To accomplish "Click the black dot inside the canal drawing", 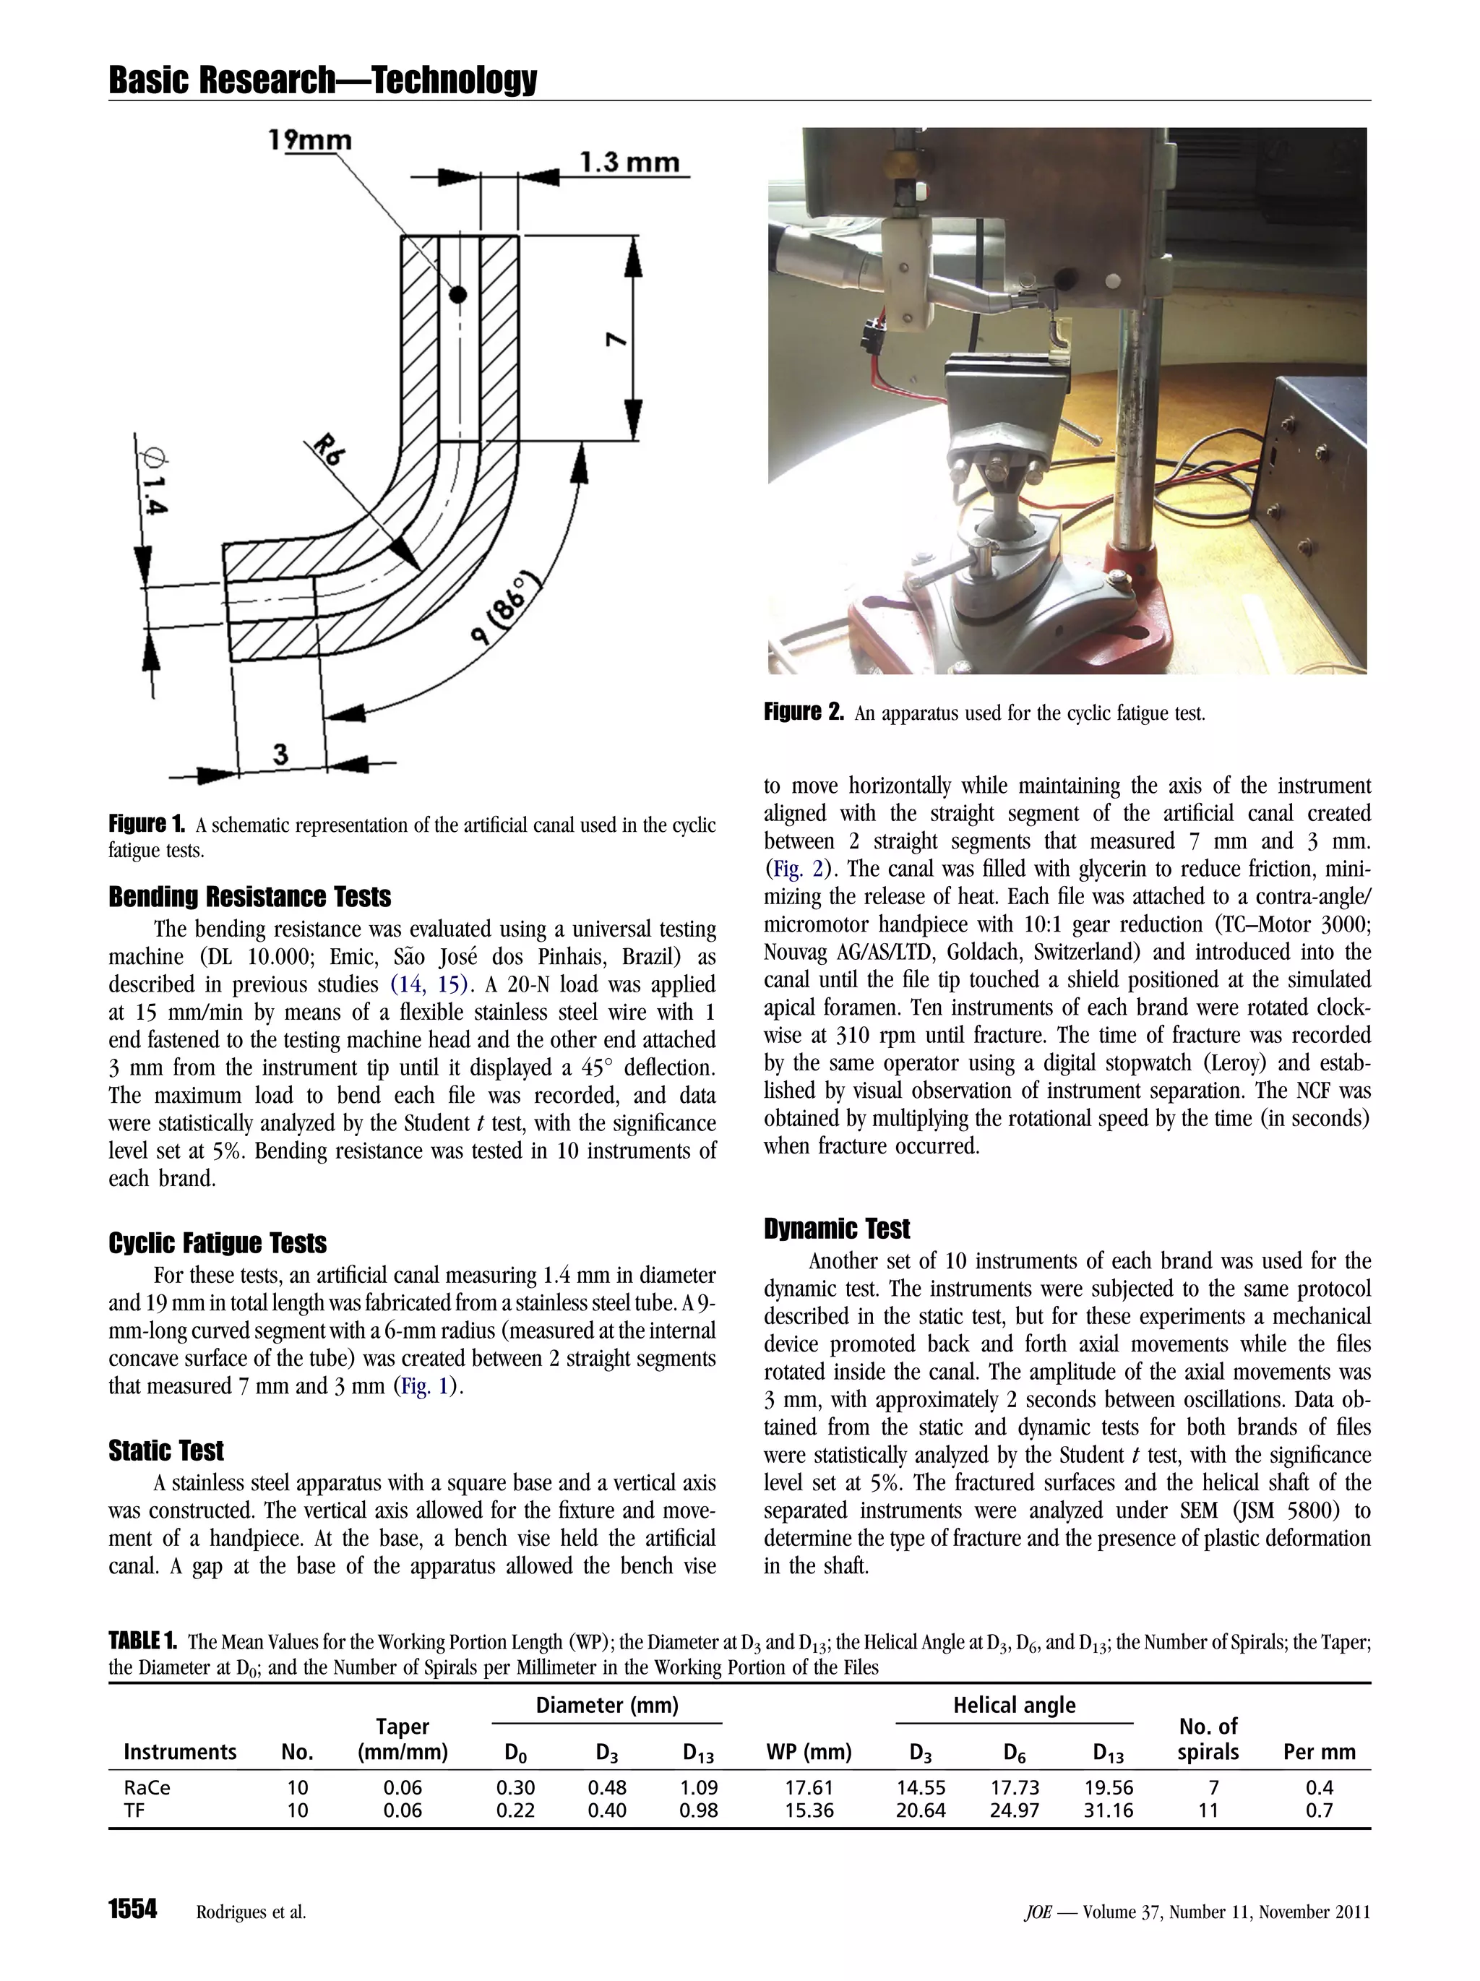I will (x=458, y=293).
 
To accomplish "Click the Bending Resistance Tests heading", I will (x=250, y=896).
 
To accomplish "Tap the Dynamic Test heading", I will (x=836, y=1228).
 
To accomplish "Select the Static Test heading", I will (x=165, y=1450).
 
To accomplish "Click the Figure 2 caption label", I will (x=803, y=712).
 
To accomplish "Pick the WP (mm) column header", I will (x=809, y=1751).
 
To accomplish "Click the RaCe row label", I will (x=147, y=1787).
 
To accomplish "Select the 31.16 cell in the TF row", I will (x=1109, y=1810).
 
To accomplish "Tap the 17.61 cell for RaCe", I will (x=809, y=1787).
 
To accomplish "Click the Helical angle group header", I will (x=1014, y=1705).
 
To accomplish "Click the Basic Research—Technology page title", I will (x=322, y=81).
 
